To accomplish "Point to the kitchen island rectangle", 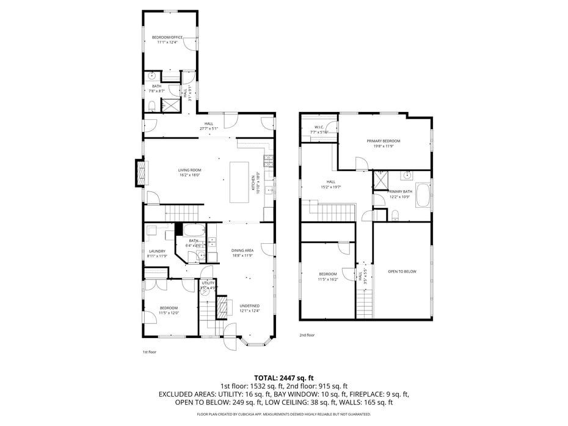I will click(x=239, y=182).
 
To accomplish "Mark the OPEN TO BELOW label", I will click(x=402, y=271).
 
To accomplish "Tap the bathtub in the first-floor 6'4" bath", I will click(x=194, y=231).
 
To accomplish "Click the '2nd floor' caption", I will click(x=307, y=335).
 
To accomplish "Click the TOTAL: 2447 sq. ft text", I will click(x=283, y=378).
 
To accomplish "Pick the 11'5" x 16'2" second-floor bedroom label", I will click(x=327, y=276).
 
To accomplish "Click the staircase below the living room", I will click(x=184, y=213).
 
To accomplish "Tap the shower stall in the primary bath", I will click(x=382, y=179).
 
